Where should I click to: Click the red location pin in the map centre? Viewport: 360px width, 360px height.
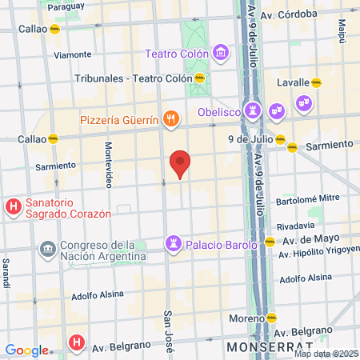180,163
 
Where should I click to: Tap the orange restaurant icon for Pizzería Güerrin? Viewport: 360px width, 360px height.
170,121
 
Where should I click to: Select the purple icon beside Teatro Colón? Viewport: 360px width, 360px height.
221,54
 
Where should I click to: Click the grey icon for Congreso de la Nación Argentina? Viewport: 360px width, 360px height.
47,250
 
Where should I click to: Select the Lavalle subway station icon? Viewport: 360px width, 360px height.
317,82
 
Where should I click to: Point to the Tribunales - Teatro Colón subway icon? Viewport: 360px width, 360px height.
199,78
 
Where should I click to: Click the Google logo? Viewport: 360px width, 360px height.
26,350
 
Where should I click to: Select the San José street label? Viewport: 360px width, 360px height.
169,328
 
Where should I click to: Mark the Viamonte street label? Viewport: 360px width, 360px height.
72,55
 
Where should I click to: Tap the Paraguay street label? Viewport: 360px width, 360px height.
66,6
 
